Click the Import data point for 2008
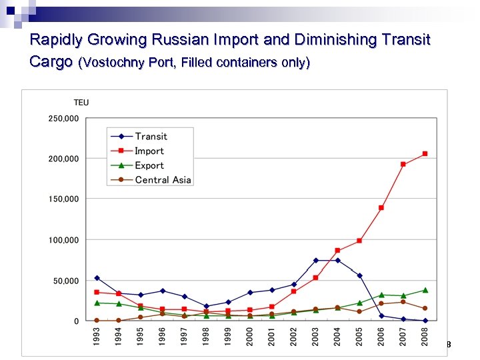pyautogui.click(x=425, y=154)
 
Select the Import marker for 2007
pyautogui.click(x=403, y=164)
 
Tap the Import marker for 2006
pyautogui.click(x=381, y=208)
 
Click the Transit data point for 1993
pyautogui.click(x=97, y=278)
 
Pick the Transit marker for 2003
pyautogui.click(x=316, y=260)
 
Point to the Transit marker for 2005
pyautogui.click(x=359, y=275)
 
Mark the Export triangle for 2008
pyautogui.click(x=425, y=290)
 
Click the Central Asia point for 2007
pyautogui.click(x=403, y=302)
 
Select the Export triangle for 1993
pyautogui.click(x=97, y=303)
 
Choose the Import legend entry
pyautogui.click(x=149, y=151)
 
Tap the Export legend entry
pyautogui.click(x=149, y=165)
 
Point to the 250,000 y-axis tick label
pyautogui.click(x=63, y=119)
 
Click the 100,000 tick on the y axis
pyautogui.click(x=63, y=240)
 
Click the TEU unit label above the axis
pyautogui.click(x=81, y=103)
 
